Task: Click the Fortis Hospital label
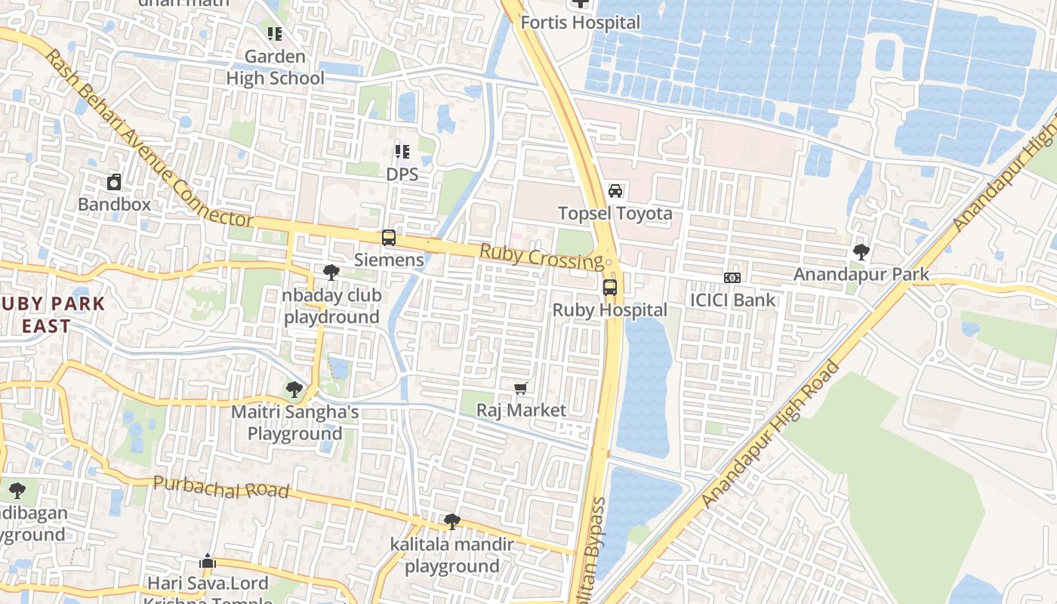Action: (580, 23)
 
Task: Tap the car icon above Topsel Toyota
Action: (615, 191)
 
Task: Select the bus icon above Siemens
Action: (389, 238)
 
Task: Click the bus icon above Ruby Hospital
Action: (610, 288)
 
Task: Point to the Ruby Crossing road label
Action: (541, 257)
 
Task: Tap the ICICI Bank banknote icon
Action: (732, 278)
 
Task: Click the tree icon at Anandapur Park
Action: (861, 252)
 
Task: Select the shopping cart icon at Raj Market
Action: (520, 389)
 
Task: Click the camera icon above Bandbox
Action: (114, 182)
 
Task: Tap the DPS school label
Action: (402, 174)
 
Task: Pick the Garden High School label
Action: (276, 67)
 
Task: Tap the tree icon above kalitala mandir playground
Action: (451, 521)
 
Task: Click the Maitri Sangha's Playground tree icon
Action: (294, 390)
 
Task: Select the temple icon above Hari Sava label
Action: (208, 562)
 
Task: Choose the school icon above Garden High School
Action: (275, 34)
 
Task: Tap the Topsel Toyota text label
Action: (615, 214)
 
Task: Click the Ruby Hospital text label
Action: (610, 310)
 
